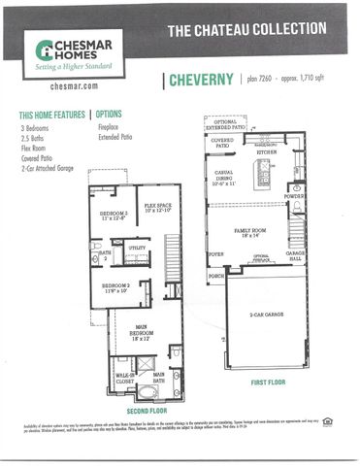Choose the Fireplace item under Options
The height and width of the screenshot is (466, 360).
click(109, 125)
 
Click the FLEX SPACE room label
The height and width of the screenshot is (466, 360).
click(158, 206)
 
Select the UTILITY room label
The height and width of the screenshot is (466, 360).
click(139, 249)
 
